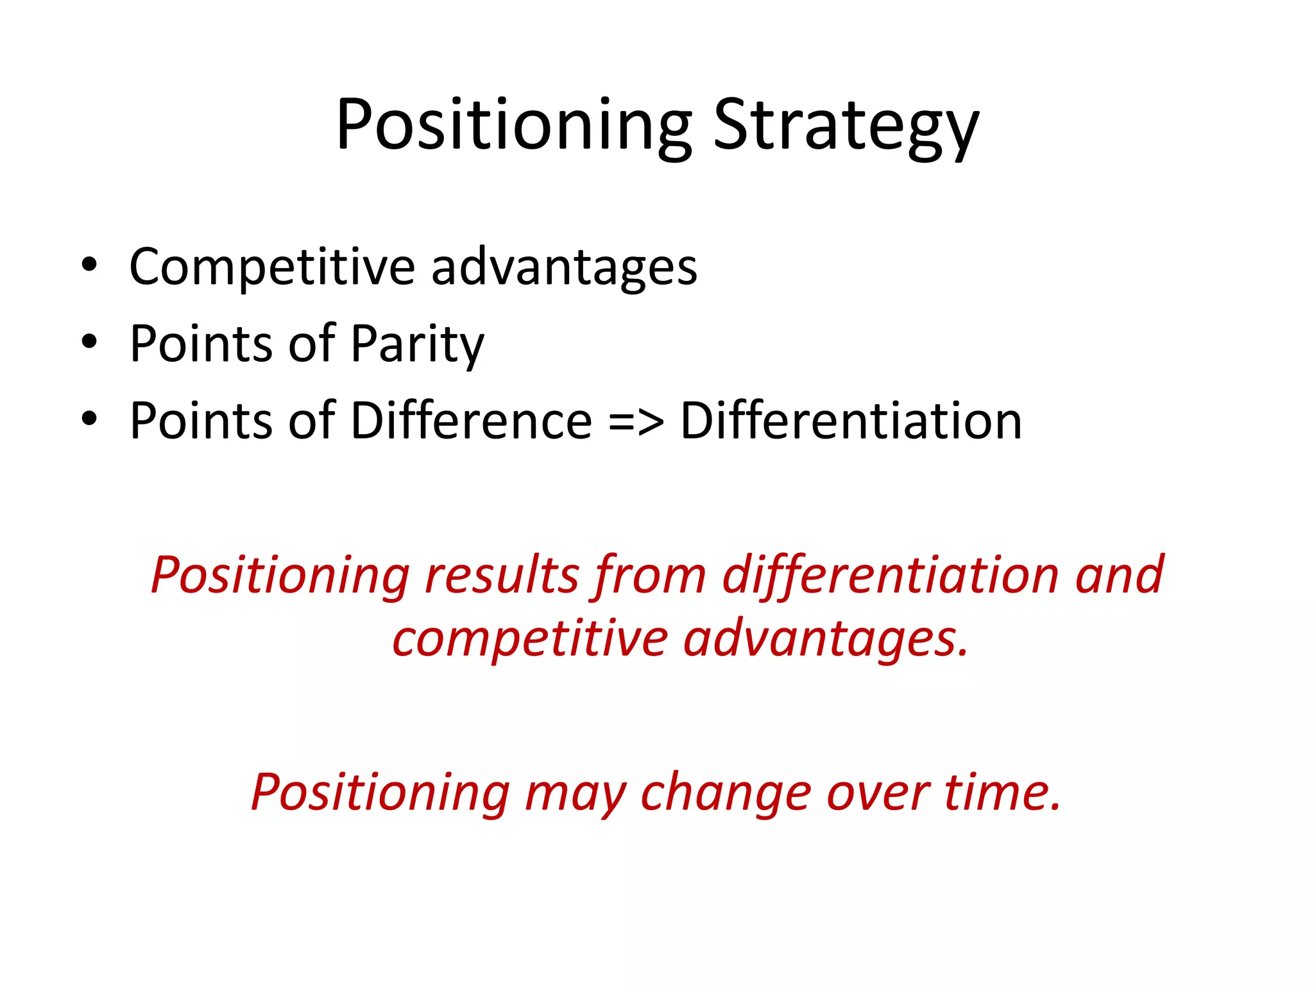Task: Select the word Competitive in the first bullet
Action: tap(272, 267)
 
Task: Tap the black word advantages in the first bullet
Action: tap(564, 268)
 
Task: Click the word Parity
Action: tap(417, 345)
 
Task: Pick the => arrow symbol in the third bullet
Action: tap(636, 422)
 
